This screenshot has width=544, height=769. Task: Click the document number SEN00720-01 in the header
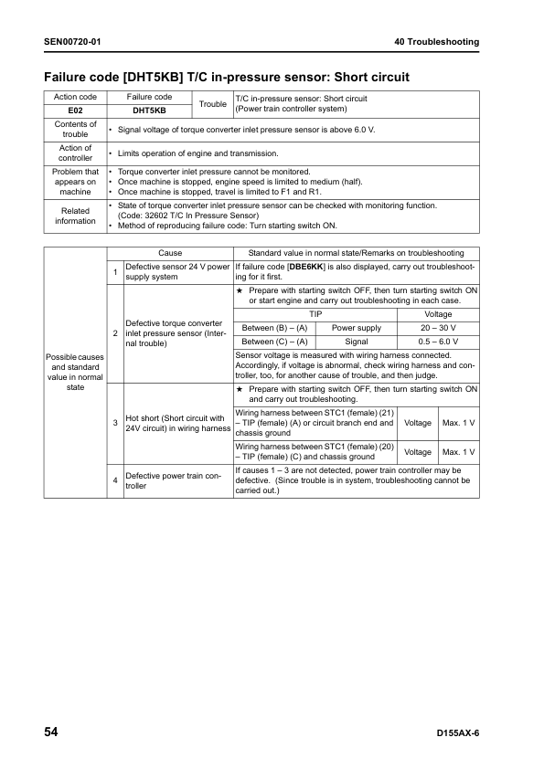pyautogui.click(x=72, y=42)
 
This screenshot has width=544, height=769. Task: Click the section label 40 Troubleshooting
pyautogui.click(x=436, y=42)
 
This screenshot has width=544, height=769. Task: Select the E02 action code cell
pyautogui.click(x=75, y=111)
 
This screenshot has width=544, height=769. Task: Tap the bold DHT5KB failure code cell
pyautogui.click(x=149, y=111)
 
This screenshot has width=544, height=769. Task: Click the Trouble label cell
pyautogui.click(x=213, y=104)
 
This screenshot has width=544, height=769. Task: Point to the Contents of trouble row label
pyautogui.click(x=75, y=129)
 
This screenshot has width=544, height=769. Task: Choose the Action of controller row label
pyautogui.click(x=75, y=153)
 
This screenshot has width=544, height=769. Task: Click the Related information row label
pyautogui.click(x=75, y=216)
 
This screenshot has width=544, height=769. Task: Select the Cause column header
pyautogui.click(x=170, y=253)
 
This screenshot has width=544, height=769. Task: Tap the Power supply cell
pyautogui.click(x=357, y=327)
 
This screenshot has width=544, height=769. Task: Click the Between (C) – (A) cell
pyautogui.click(x=274, y=342)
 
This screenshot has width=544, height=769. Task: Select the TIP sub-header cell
pyautogui.click(x=315, y=313)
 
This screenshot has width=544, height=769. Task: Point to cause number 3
pyautogui.click(x=115, y=423)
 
